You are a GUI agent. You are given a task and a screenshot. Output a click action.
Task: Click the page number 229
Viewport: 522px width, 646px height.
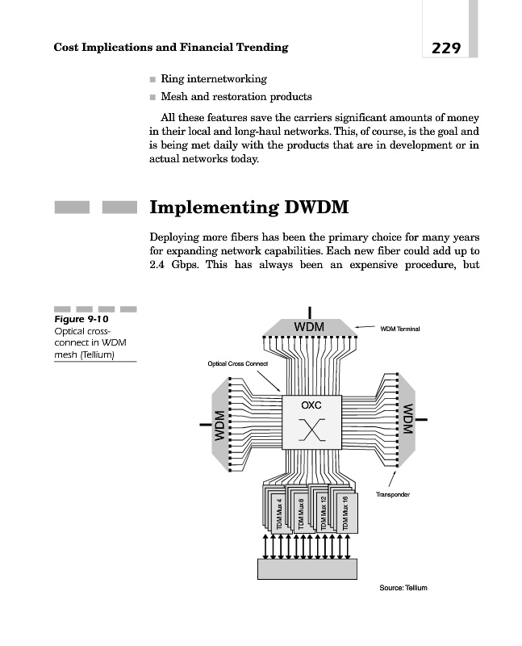pyautogui.click(x=445, y=48)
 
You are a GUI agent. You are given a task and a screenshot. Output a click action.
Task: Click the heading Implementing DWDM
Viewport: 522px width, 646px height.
pyautogui.click(x=249, y=208)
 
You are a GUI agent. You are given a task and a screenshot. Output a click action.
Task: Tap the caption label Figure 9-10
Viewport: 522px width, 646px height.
pyautogui.click(x=81, y=319)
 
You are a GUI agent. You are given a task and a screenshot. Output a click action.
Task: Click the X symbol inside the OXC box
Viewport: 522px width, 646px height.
pyautogui.click(x=311, y=430)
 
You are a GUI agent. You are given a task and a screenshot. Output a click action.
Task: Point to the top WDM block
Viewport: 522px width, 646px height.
pyautogui.click(x=309, y=326)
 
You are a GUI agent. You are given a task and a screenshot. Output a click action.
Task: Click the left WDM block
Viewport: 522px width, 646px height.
pyautogui.click(x=219, y=425)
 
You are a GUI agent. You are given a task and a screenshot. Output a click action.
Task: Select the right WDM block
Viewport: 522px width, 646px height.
pyautogui.click(x=407, y=419)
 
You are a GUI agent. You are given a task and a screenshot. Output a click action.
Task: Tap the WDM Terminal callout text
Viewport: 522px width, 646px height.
pyautogui.click(x=401, y=329)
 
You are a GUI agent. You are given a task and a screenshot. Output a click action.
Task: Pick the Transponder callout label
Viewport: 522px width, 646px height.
pyautogui.click(x=393, y=493)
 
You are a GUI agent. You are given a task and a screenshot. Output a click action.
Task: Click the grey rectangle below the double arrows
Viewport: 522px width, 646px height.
pyautogui.click(x=306, y=568)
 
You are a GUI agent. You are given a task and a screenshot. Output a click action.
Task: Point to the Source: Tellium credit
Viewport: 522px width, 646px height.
pyautogui.click(x=403, y=587)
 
